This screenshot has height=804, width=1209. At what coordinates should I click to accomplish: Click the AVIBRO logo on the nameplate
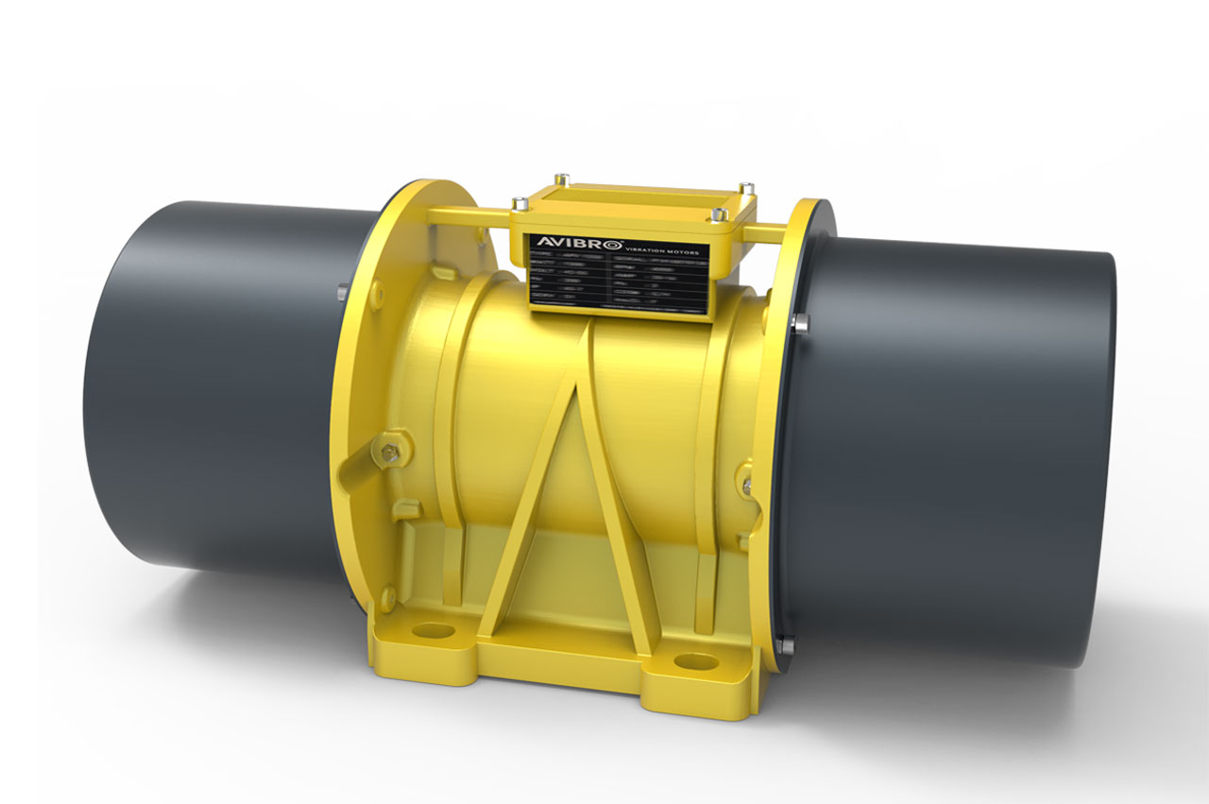(x=563, y=240)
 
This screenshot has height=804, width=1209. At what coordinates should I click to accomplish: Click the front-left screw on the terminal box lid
(x=519, y=202)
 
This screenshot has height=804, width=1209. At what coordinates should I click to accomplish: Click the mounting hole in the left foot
(x=433, y=630)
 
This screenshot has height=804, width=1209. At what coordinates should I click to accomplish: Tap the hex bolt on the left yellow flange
(x=389, y=453)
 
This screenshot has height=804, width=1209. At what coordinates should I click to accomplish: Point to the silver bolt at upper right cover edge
(x=801, y=322)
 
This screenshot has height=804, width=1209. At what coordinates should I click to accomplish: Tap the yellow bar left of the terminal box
(x=468, y=216)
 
